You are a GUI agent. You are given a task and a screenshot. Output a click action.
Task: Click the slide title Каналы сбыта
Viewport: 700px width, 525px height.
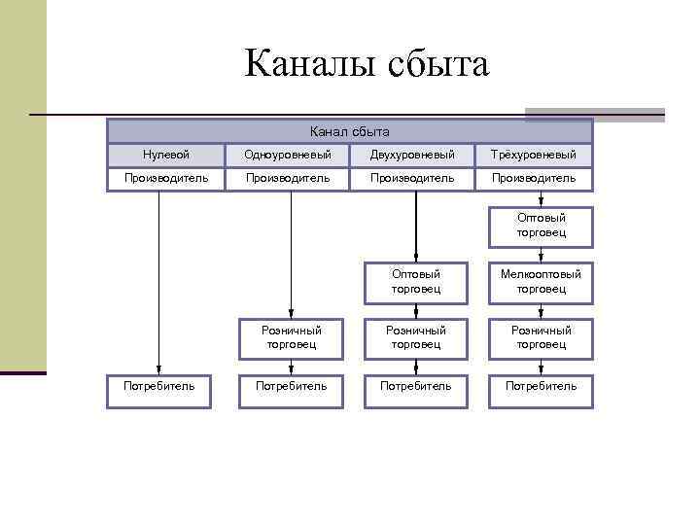[367, 64]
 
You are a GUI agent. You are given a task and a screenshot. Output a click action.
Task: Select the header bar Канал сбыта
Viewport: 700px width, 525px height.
[349, 131]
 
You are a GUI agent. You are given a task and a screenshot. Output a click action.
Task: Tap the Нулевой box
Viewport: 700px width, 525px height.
[165, 155]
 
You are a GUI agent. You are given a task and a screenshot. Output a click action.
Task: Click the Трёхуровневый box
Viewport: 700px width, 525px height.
[534, 155]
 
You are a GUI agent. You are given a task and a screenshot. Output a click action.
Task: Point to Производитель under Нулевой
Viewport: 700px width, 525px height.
[165, 178]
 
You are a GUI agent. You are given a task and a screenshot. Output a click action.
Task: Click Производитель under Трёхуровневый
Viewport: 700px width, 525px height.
[534, 178]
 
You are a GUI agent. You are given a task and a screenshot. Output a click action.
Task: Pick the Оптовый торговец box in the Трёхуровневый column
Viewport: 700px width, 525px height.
[542, 226]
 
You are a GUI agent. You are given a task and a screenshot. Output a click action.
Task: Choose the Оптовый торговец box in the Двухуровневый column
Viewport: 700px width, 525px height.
[416, 281]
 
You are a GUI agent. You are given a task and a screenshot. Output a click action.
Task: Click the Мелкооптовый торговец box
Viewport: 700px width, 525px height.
[542, 281]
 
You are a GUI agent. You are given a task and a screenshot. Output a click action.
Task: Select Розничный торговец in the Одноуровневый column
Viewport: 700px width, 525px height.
[292, 336]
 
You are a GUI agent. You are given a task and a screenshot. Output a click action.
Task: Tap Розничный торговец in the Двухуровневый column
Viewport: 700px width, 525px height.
[416, 336]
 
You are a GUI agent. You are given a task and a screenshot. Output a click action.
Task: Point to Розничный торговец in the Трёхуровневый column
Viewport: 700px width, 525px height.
[542, 336]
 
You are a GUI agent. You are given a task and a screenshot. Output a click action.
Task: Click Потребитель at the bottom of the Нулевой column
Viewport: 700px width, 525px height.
[158, 386]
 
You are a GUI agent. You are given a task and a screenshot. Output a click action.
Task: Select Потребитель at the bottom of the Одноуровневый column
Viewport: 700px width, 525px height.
[291, 386]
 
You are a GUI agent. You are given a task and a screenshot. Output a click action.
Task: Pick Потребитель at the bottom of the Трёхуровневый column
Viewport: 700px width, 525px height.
[541, 386]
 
